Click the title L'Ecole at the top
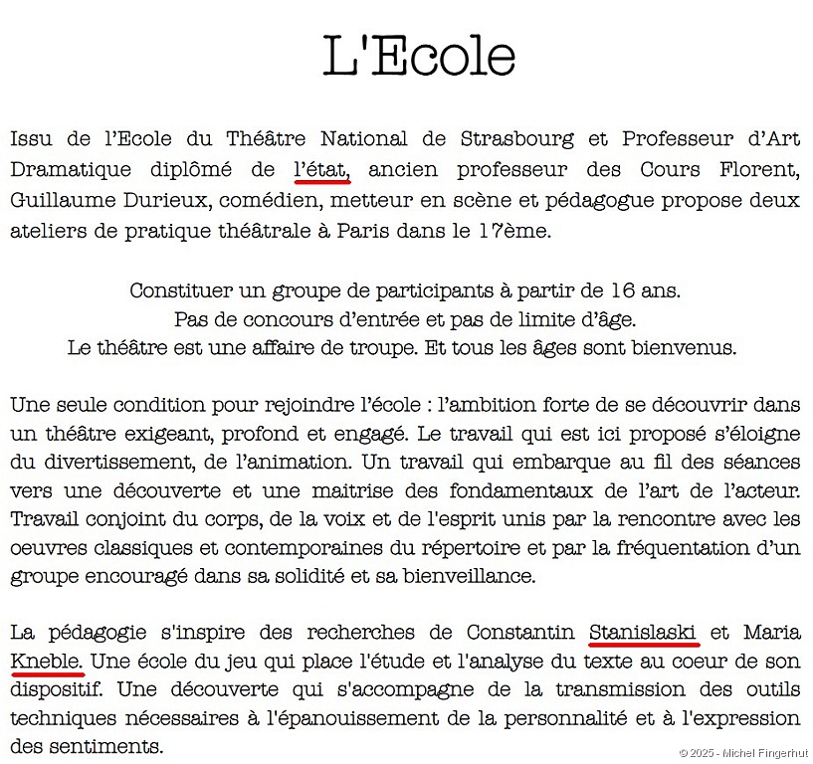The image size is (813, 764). click(x=419, y=58)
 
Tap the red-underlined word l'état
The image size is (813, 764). click(x=321, y=169)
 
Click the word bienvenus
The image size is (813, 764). click(x=686, y=349)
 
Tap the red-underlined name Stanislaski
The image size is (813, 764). click(x=643, y=632)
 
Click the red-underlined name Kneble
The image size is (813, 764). click(x=47, y=661)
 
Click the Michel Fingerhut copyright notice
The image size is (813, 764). click(x=744, y=753)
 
